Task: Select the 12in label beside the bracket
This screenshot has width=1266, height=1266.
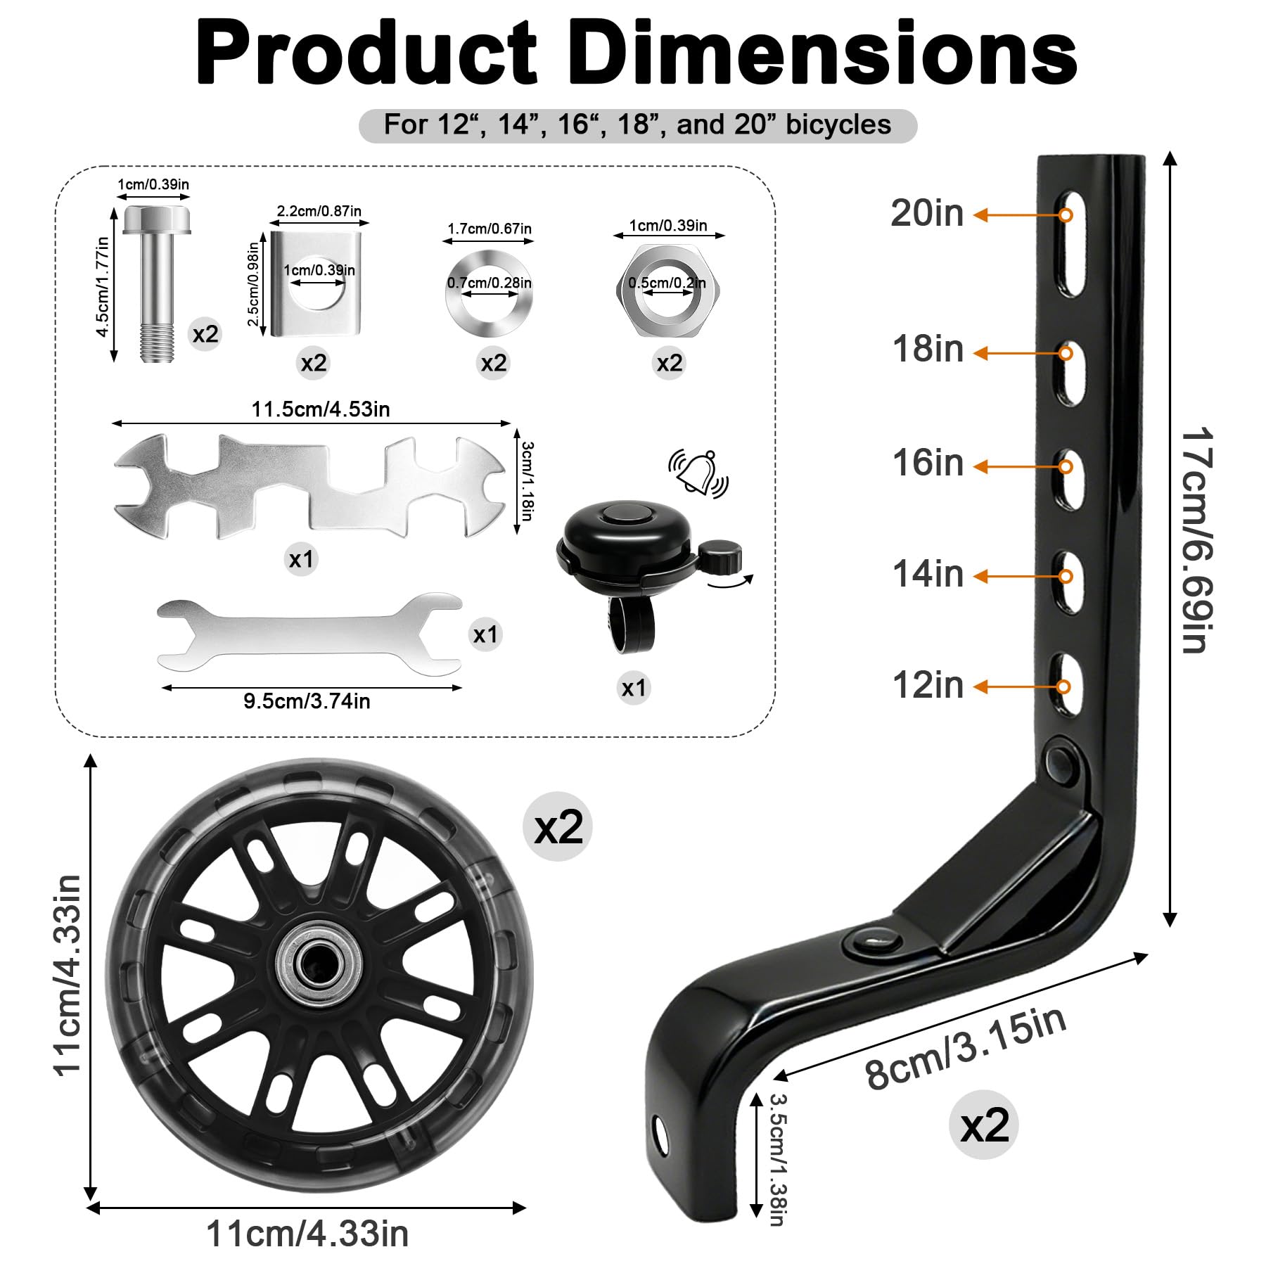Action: (x=927, y=684)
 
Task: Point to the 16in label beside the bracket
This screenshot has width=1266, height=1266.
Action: (x=927, y=463)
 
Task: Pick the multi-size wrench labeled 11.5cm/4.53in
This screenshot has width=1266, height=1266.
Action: (x=309, y=487)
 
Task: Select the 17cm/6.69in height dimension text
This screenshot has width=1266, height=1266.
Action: (x=1196, y=539)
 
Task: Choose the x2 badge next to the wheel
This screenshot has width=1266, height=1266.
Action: (x=558, y=827)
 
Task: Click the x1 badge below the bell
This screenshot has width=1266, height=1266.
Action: (x=634, y=688)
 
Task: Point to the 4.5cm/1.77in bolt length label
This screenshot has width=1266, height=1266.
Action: (x=103, y=287)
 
